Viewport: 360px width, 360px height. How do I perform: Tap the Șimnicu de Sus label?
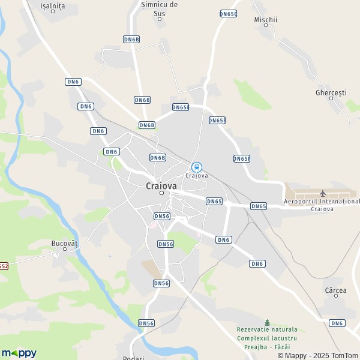159,8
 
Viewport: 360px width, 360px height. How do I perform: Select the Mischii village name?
266,19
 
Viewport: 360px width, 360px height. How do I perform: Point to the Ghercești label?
331,93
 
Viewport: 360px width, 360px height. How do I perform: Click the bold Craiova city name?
161,186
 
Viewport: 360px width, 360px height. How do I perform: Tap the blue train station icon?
196,167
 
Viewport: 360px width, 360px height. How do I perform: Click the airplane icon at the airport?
323,193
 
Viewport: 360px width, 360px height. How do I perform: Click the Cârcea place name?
335,290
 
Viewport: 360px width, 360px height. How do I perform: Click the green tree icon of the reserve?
267,322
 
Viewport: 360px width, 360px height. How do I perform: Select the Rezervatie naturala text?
267,329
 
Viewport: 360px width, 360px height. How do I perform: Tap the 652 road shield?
4,265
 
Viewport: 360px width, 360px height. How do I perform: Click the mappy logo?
19,353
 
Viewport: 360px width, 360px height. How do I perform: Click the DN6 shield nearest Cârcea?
337,323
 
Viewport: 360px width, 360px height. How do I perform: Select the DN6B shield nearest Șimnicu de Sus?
131,39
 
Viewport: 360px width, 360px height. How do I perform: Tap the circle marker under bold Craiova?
161,193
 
